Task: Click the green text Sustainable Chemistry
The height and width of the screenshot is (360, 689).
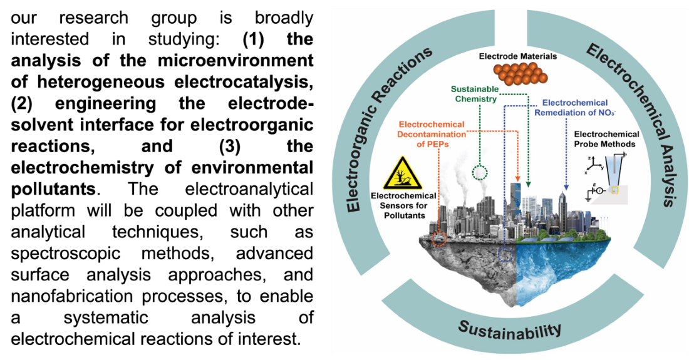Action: tap(474, 94)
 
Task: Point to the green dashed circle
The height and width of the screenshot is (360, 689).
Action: tap(480, 172)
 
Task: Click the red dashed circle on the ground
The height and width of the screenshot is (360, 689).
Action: tap(438, 239)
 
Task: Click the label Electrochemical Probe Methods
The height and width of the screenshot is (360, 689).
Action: tap(606, 139)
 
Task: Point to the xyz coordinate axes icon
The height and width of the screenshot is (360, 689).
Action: tap(592, 164)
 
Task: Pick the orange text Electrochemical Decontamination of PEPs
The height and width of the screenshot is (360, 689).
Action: tap(431, 133)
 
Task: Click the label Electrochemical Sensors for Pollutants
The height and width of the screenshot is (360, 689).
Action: tap(403, 205)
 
